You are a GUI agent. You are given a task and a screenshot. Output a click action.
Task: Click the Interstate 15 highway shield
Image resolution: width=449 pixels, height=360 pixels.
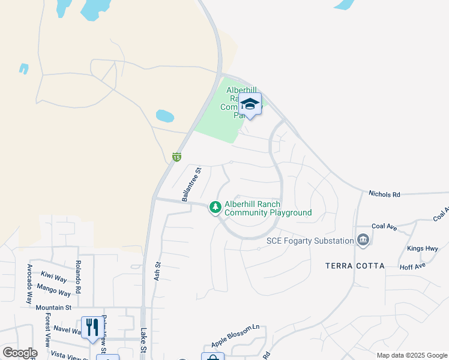point(176,157)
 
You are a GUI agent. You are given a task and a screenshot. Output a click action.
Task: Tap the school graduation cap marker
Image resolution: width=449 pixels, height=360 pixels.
point(250,105)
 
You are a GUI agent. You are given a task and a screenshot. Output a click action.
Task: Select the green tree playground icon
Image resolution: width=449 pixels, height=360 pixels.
point(215,208)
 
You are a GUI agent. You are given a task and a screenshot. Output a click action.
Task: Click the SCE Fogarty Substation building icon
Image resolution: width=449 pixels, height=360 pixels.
point(363,241)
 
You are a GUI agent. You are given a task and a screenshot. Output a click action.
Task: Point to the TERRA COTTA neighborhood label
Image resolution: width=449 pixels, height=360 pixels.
point(355,265)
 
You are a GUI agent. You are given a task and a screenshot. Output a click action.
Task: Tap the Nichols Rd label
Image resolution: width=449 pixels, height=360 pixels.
point(384,194)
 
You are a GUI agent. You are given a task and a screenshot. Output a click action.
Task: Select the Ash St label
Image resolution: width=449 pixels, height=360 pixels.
point(158,271)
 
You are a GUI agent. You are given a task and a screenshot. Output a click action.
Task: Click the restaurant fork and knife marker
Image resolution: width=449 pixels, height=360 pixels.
point(92,327)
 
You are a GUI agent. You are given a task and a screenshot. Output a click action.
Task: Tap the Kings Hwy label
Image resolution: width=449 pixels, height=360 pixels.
point(423,248)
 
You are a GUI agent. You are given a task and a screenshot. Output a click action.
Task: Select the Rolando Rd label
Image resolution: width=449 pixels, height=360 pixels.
point(78,277)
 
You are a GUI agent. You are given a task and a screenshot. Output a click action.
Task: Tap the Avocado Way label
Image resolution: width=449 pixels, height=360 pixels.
point(29,283)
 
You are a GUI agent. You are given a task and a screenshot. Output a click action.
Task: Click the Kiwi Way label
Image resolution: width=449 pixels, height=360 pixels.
point(53,277)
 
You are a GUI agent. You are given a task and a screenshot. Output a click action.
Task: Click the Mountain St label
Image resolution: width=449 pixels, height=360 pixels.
point(53,308)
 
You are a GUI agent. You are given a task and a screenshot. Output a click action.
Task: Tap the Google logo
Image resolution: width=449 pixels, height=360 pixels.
point(20,353)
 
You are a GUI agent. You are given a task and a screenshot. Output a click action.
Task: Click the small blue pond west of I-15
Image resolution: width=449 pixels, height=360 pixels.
point(164,115)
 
